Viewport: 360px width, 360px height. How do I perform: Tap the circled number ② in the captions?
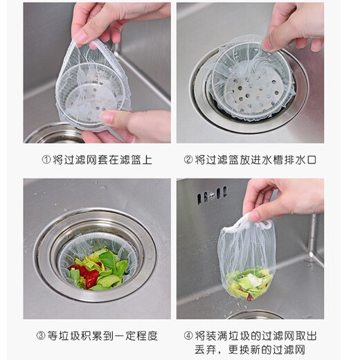pos(188,160)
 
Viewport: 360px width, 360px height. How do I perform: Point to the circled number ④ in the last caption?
pos(188,336)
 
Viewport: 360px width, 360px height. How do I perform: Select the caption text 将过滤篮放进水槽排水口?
pos(255,160)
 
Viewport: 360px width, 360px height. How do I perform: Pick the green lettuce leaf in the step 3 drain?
pos(107,261)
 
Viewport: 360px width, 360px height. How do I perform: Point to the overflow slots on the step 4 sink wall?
pos(212,197)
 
